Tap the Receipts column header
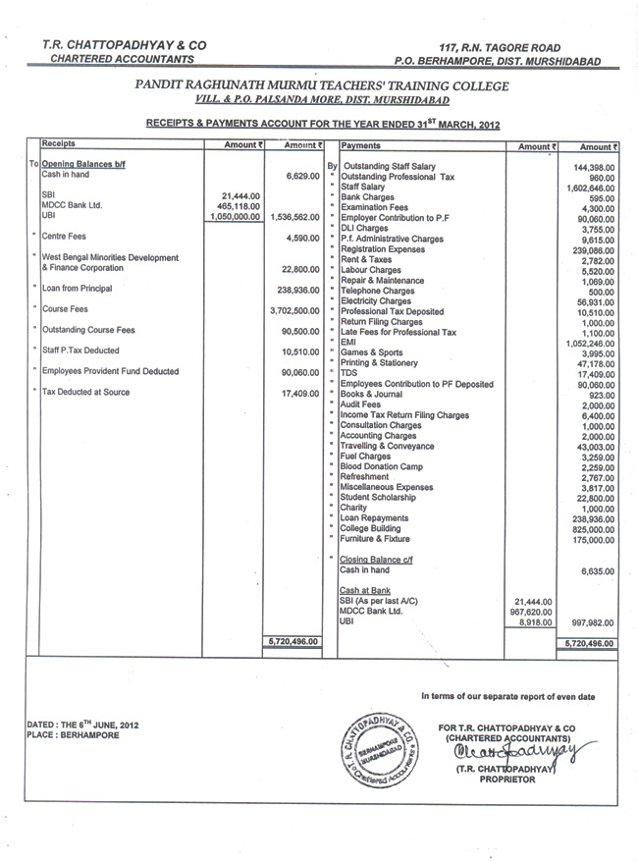click(59, 143)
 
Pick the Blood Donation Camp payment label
click(381, 467)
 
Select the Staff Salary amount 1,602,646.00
click(590, 188)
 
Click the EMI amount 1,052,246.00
click(590, 344)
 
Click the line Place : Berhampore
click(74, 735)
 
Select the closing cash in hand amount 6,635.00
click(598, 570)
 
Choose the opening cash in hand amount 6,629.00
click(300, 177)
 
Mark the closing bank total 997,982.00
click(592, 622)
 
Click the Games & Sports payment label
click(374, 352)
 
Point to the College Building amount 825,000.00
click(591, 529)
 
